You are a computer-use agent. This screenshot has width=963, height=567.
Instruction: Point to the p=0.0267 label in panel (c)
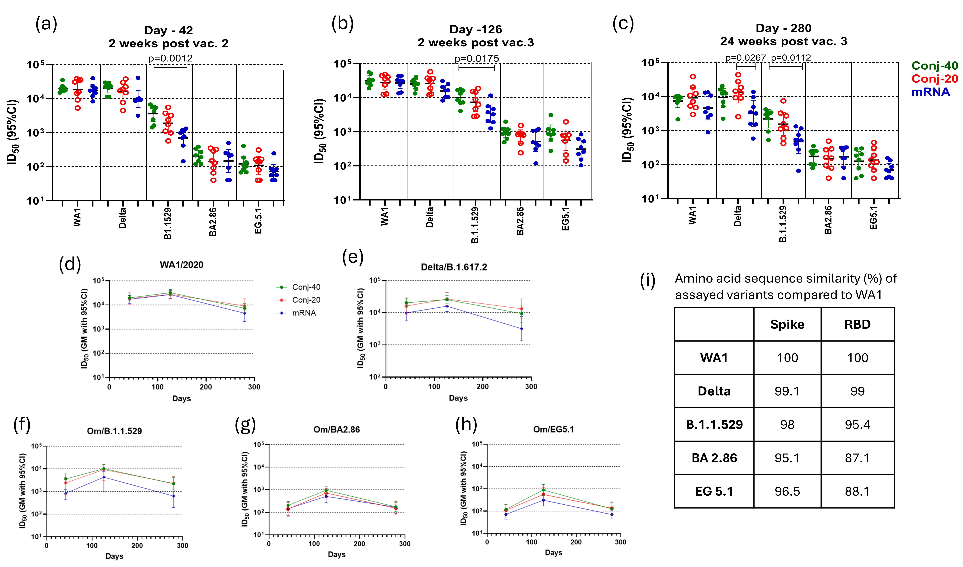(x=746, y=58)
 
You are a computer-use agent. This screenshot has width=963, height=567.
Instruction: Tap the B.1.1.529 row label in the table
(x=714, y=424)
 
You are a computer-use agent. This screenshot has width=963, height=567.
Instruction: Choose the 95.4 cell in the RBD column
(x=857, y=424)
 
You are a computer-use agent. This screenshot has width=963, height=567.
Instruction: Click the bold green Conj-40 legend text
(x=934, y=66)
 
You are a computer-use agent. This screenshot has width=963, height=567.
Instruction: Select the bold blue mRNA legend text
(x=930, y=92)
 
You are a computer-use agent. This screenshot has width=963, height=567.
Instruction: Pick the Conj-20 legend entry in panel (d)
(x=306, y=300)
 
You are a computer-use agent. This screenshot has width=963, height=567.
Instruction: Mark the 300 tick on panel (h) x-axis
(x=620, y=542)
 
